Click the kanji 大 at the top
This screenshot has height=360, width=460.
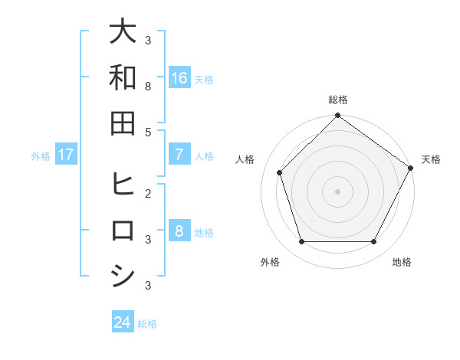click(x=123, y=33)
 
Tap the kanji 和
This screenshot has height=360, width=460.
click(x=123, y=77)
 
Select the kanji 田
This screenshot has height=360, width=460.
click(x=123, y=123)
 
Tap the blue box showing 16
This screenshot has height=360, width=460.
click(x=179, y=78)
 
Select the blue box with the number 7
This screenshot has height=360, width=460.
click(x=179, y=155)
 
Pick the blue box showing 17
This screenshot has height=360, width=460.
click(x=66, y=155)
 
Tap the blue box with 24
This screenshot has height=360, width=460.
click(x=123, y=322)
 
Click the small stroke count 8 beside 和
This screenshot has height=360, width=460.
click(x=148, y=86)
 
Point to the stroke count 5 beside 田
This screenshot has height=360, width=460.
click(x=148, y=132)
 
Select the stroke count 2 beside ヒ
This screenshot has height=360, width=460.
click(x=148, y=194)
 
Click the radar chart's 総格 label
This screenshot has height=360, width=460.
click(x=337, y=100)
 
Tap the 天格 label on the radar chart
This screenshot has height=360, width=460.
click(x=431, y=159)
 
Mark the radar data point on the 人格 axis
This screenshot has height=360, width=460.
click(x=280, y=172)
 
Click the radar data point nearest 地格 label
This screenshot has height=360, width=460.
click(x=374, y=242)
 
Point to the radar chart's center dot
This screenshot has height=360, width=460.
click(x=337, y=191)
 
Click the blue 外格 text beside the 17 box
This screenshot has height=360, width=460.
click(x=41, y=155)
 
